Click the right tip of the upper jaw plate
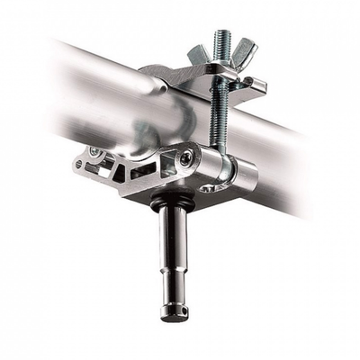pos(262,85)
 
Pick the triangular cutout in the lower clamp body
pos(143,170)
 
